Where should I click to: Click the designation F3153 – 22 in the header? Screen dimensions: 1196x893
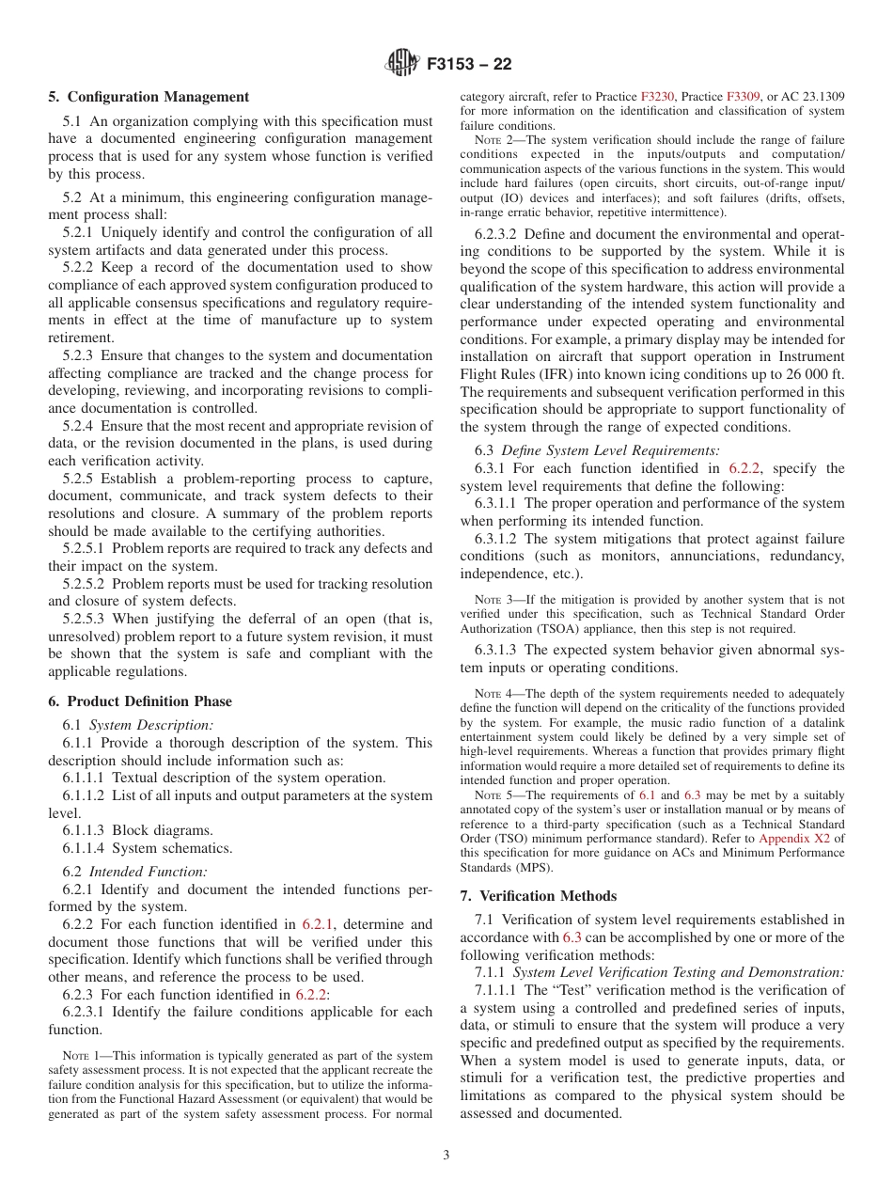(x=469, y=65)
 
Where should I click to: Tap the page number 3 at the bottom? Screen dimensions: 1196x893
(x=446, y=1156)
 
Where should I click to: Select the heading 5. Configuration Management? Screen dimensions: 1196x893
(x=149, y=97)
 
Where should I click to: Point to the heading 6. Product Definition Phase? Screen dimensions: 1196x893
(x=140, y=701)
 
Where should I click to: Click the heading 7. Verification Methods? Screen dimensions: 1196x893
(x=539, y=896)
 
